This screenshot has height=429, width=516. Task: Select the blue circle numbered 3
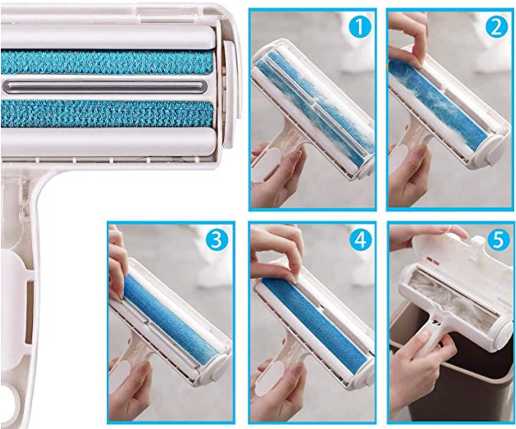pos(216,240)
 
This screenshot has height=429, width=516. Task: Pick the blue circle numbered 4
pos(359,240)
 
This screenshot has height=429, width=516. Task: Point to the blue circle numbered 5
pos(498,240)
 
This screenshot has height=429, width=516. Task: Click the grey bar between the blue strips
pos(105,87)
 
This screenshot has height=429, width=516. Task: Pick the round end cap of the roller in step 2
pos(496,150)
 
